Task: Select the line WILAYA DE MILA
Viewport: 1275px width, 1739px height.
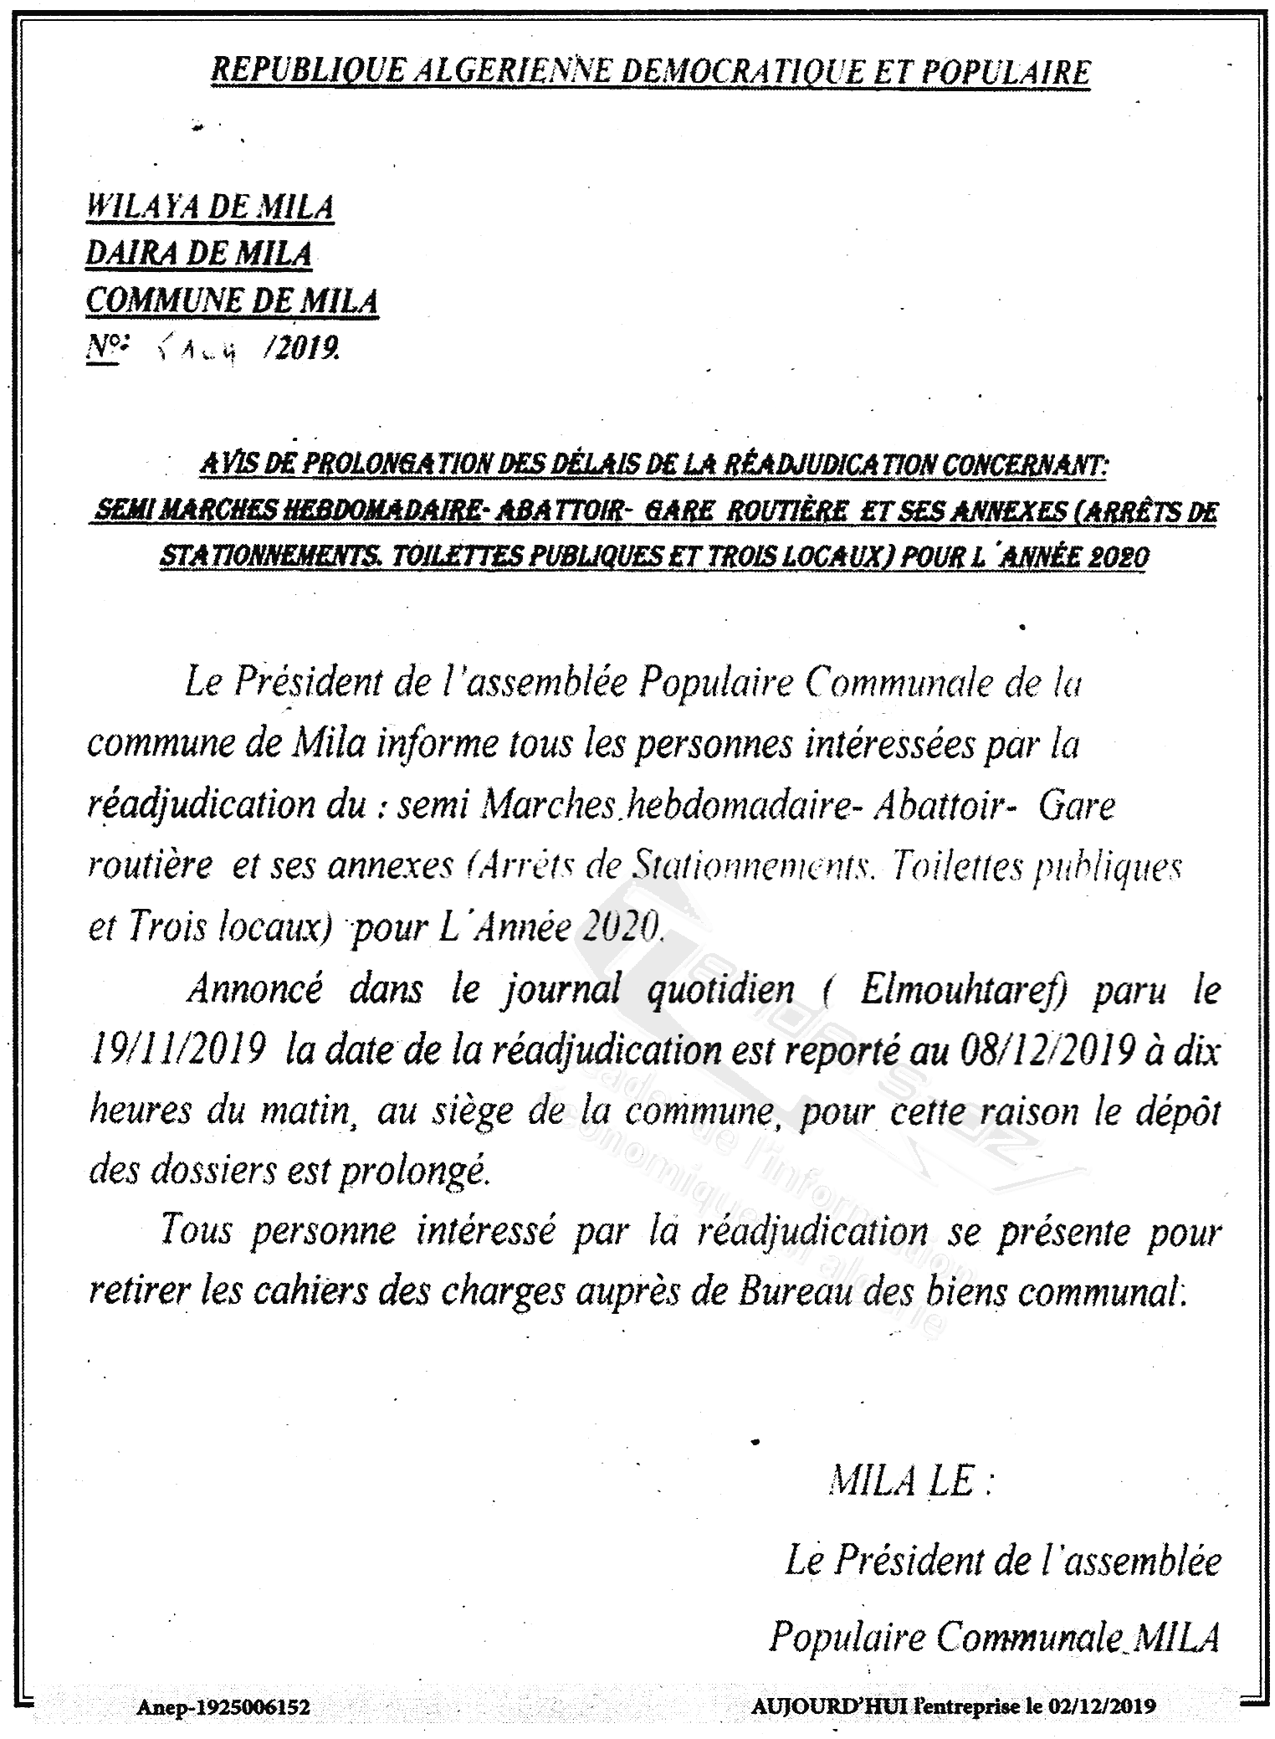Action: pyautogui.click(x=210, y=207)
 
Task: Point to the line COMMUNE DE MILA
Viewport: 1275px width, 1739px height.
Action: pyautogui.click(x=232, y=300)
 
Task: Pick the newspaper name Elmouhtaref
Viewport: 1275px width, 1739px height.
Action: pyautogui.click(x=962, y=990)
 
